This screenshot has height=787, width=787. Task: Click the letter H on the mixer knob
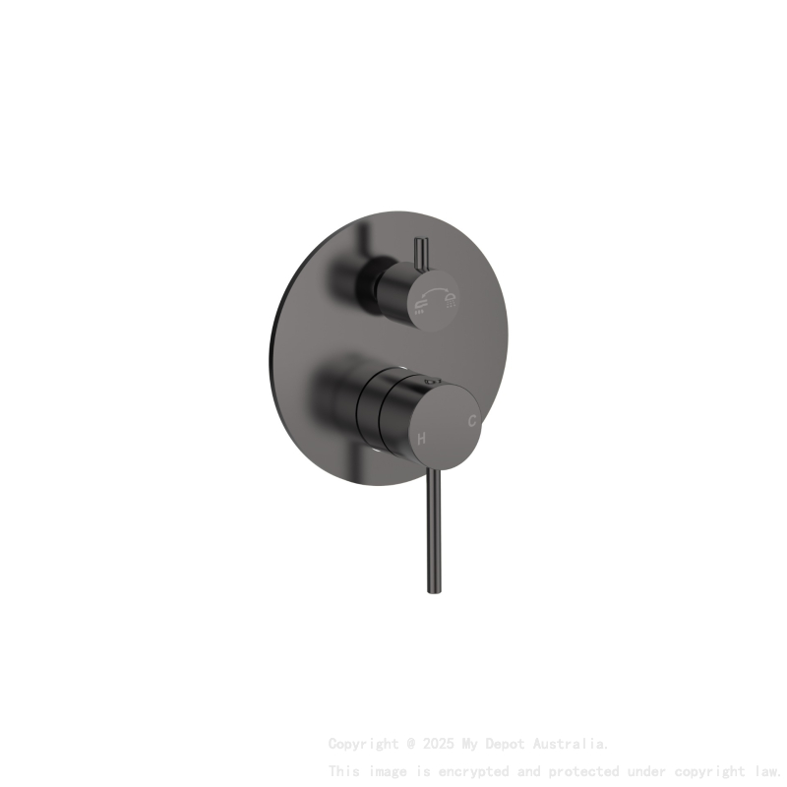click(421, 438)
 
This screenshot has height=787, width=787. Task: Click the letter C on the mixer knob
click(472, 421)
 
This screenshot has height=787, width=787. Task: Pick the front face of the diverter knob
click(435, 297)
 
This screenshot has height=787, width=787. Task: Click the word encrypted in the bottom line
click(465, 770)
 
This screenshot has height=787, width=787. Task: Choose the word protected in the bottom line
click(584, 770)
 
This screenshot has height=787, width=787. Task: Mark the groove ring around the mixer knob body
click(379, 412)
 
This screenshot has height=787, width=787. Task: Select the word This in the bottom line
click(344, 770)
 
